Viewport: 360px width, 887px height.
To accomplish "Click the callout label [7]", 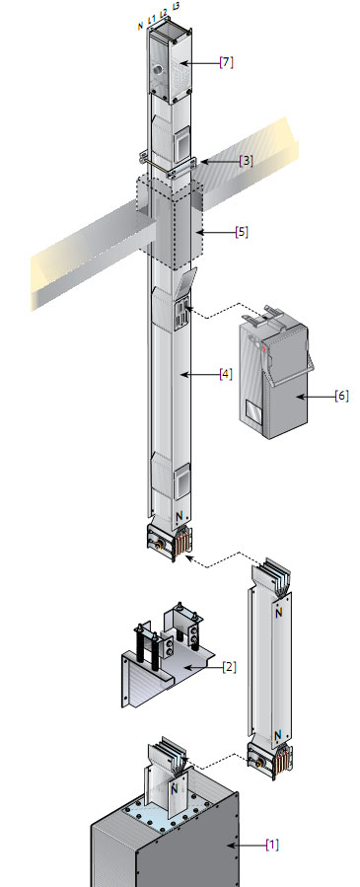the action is [226, 63].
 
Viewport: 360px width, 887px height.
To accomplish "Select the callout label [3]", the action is [246, 161].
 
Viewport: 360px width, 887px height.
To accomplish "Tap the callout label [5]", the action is [242, 232].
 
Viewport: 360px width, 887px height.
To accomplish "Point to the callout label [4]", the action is [226, 374].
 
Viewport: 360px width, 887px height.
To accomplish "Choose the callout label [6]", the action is [341, 396].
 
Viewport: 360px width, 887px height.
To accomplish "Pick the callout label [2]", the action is [229, 667].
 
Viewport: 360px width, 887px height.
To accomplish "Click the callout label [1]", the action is [272, 845].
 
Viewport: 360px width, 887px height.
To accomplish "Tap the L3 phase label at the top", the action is [177, 7].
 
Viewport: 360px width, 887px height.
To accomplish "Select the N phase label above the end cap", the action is [141, 26].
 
